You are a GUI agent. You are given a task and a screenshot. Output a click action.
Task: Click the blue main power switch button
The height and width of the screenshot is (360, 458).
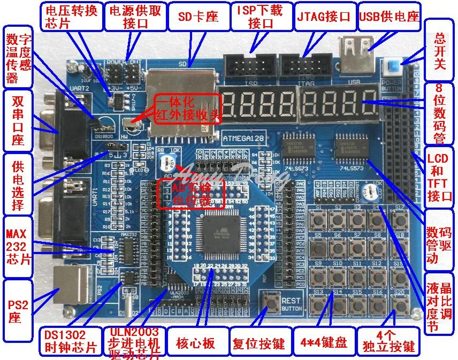click(x=394, y=68)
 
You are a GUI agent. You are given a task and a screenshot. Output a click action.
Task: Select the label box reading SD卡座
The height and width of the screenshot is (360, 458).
click(x=198, y=16)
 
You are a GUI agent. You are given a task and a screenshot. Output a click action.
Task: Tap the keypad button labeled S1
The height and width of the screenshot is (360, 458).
click(x=320, y=219)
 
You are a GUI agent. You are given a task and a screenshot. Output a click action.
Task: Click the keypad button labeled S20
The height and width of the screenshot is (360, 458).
click(x=399, y=304)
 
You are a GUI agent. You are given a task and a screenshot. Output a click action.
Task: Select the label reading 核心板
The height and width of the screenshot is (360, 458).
click(x=199, y=343)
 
